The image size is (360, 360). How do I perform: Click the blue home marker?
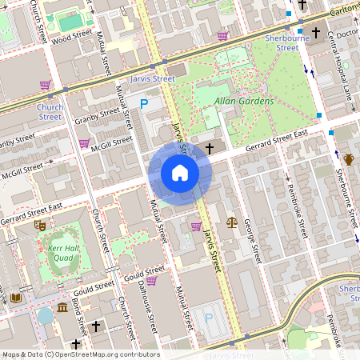click(x=180, y=173)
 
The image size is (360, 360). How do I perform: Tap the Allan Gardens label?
click(x=244, y=102)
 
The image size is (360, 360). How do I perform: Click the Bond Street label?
click(x=81, y=318)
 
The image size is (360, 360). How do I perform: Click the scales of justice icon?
click(x=232, y=222)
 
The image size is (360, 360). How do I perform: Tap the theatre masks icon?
click(x=38, y=226)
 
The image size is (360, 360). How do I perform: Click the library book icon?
click(x=16, y=298)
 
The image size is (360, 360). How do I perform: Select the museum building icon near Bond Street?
click(x=62, y=309)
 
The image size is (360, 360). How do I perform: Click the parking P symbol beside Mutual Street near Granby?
click(x=144, y=103)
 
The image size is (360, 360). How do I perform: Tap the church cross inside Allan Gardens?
click(x=210, y=148)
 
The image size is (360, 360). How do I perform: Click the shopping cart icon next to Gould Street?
click(x=150, y=281)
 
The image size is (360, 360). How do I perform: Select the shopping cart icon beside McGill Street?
click(x=84, y=144)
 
